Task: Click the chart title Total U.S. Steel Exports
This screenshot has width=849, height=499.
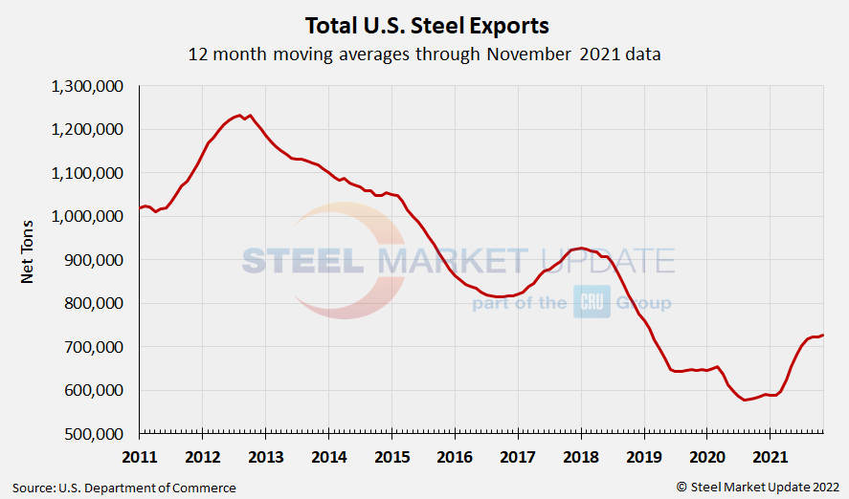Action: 427,25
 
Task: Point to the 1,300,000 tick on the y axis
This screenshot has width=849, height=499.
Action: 87,86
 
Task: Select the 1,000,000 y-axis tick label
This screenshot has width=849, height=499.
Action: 87,216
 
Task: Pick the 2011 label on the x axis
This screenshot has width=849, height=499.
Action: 140,455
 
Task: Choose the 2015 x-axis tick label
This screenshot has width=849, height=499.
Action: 392,455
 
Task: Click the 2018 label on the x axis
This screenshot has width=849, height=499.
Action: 581,455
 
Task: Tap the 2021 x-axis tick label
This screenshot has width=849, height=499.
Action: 771,455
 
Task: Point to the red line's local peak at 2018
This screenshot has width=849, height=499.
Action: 581,248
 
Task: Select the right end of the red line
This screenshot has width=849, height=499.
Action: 823,335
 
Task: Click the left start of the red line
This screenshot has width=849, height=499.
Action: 140,207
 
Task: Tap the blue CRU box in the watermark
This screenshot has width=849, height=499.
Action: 592,303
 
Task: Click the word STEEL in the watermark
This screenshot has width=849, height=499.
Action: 302,261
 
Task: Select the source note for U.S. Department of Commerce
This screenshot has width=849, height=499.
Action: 124,488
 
